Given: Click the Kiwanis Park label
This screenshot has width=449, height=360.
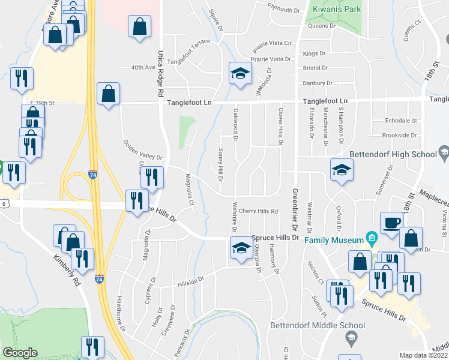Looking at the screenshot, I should click(337, 10).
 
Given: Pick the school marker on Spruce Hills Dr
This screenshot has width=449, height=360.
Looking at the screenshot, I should click(241, 248).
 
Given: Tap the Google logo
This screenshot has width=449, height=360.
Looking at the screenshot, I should click(20, 353).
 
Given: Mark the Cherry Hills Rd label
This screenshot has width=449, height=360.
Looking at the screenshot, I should click(259, 211).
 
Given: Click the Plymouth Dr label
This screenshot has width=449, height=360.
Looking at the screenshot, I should click(284, 10).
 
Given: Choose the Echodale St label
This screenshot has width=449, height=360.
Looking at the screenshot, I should click(403, 121).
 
